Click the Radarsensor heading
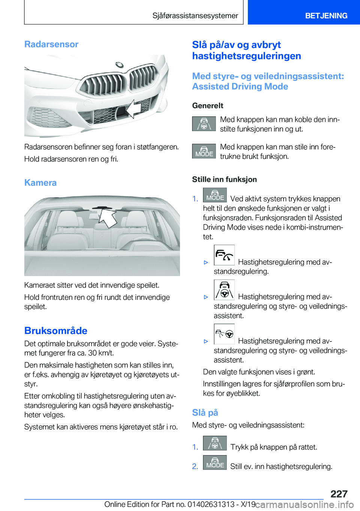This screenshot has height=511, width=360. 51,44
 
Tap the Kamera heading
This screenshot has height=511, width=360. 40,183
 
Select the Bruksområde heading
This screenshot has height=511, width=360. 56,331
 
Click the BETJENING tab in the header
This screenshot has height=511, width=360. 326,16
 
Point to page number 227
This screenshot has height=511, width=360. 339,494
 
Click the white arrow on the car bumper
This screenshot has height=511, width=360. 133,109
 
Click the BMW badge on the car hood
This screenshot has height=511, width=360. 119,65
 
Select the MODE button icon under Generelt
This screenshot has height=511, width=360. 204,151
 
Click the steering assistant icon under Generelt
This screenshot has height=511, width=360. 204,124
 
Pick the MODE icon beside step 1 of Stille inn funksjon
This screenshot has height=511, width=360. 215,195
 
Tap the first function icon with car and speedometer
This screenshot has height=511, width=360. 224,255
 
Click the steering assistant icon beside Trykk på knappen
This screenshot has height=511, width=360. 215,443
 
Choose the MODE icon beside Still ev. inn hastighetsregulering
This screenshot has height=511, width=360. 215,463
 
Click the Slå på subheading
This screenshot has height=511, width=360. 205,413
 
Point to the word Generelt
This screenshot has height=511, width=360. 208,106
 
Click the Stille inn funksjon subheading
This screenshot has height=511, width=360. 225,179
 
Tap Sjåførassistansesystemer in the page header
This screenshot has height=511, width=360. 195,16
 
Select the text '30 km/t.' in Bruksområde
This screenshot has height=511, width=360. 101,353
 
